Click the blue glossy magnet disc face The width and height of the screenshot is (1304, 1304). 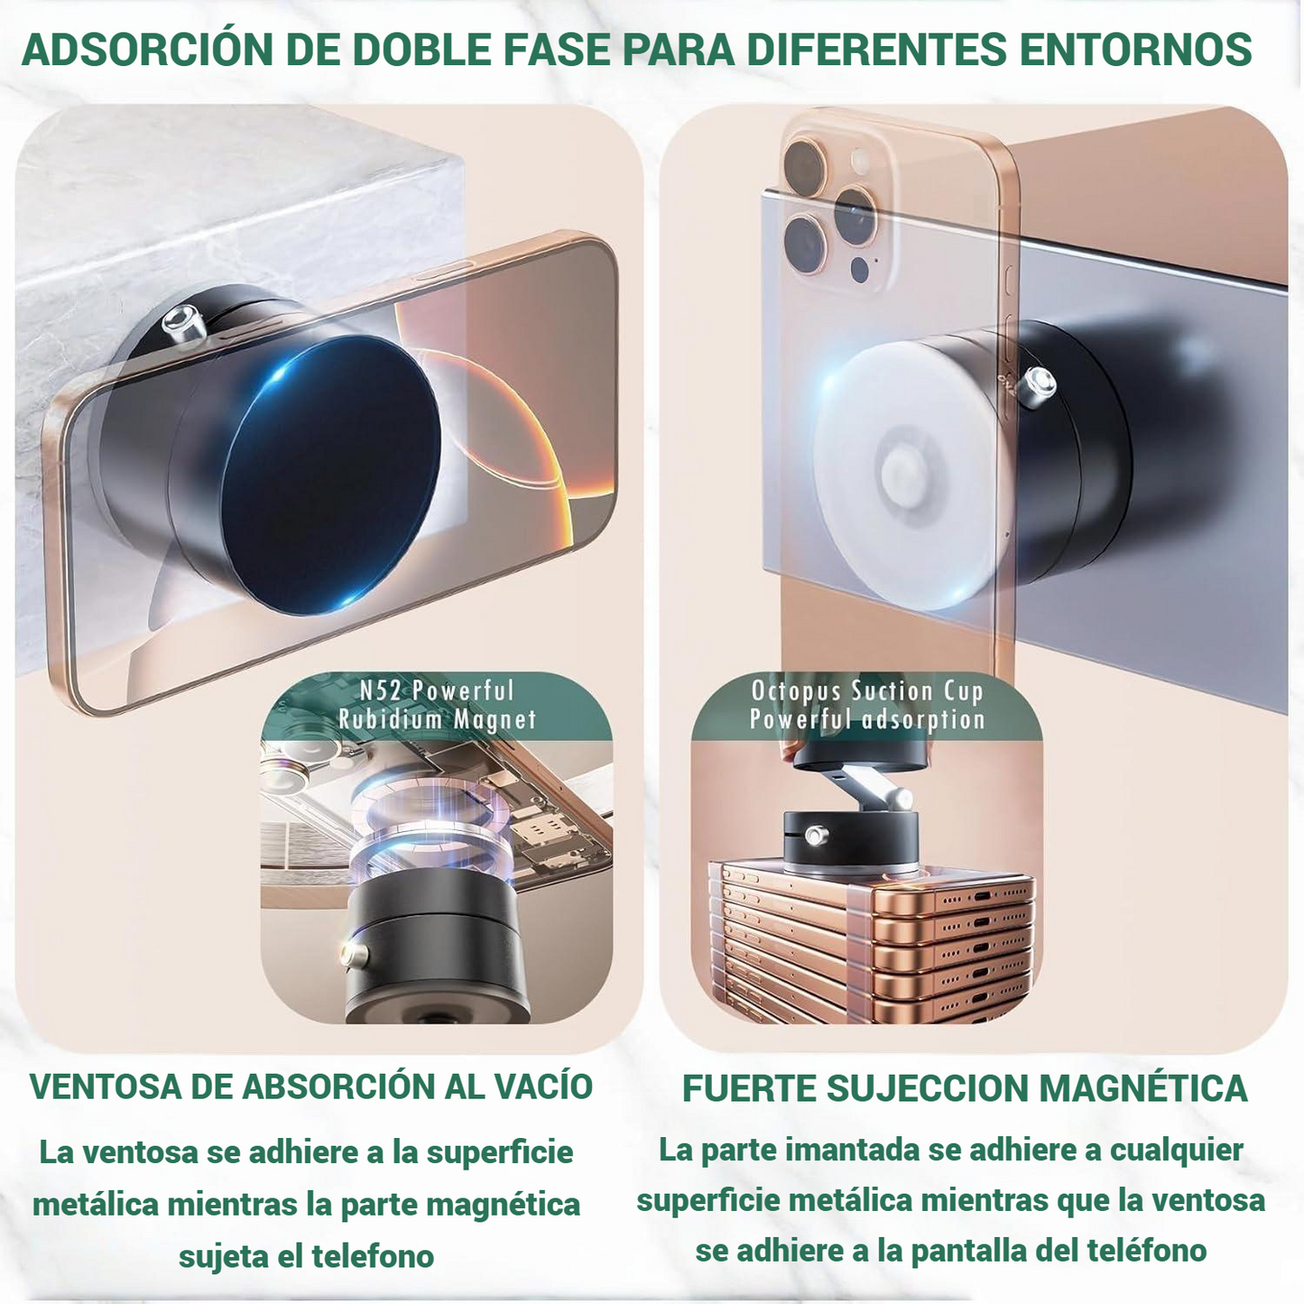(x=331, y=475)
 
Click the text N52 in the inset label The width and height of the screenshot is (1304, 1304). (x=381, y=691)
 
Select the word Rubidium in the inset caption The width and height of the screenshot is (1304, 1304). (x=390, y=719)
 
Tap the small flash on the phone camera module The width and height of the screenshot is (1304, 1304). (x=860, y=160)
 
